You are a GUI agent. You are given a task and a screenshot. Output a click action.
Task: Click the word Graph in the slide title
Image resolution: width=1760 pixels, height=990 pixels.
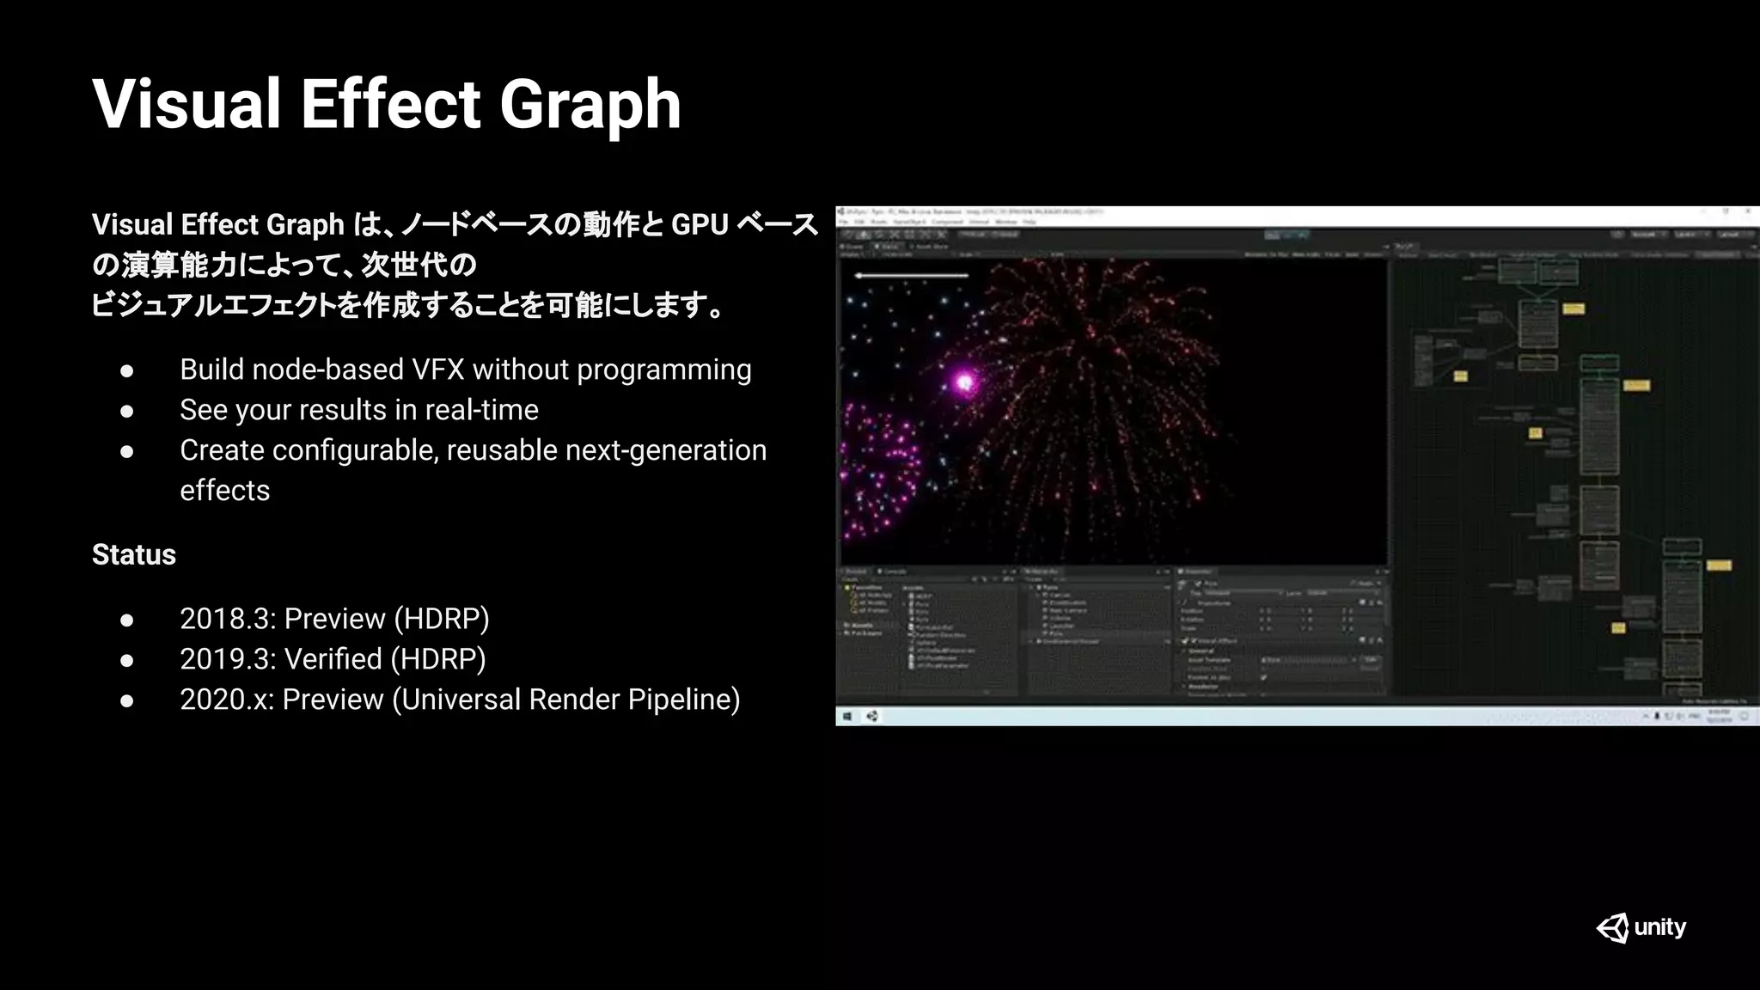pos(590,105)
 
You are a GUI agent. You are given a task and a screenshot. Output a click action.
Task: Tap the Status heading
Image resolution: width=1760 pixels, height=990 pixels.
pos(134,555)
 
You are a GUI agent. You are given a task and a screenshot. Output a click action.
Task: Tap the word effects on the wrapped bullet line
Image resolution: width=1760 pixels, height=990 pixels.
pos(225,491)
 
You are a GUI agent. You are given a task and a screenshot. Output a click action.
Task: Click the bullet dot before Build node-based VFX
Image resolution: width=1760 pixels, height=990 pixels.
pos(127,370)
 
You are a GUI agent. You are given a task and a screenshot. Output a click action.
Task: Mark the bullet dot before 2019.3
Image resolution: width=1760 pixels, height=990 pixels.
pos(127,660)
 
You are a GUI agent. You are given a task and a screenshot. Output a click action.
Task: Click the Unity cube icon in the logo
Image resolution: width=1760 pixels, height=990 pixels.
pos(1613,928)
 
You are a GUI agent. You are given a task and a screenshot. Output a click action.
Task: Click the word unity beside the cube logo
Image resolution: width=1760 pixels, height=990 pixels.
pos(1660,927)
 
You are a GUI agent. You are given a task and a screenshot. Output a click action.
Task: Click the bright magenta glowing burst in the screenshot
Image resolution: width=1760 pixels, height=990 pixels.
pos(964,382)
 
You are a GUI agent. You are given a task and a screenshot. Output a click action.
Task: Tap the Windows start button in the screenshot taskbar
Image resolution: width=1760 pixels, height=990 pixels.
pos(847,716)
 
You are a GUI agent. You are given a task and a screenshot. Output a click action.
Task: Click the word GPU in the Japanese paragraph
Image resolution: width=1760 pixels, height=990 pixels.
pos(700,225)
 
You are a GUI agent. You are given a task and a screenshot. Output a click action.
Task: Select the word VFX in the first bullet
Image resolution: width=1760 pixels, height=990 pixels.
pos(438,370)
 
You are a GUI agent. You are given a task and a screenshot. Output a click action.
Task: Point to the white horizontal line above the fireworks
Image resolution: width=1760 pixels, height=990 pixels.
pos(912,276)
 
